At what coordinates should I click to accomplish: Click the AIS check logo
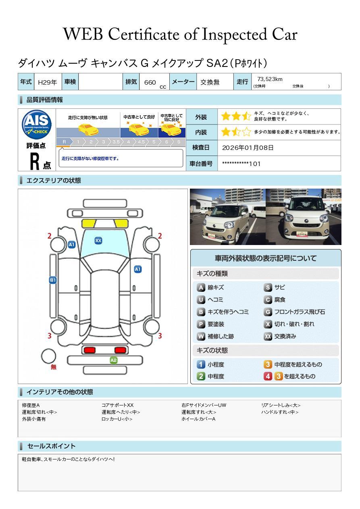click(x=37, y=124)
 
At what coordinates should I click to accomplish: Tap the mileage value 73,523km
click(x=270, y=79)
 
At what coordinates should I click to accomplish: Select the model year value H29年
click(x=47, y=82)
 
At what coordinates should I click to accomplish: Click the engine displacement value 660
click(x=150, y=82)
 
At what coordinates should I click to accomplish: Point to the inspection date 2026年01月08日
click(x=248, y=148)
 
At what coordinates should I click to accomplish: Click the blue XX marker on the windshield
click(x=98, y=241)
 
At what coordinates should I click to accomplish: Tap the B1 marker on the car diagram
click(x=53, y=280)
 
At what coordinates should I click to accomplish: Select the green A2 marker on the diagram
click(x=114, y=360)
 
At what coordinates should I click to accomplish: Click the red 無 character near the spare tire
click(x=54, y=367)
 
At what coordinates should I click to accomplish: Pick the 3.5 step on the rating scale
click(x=116, y=142)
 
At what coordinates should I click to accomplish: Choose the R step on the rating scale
click(x=64, y=142)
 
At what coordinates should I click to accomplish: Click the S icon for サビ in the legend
click(x=268, y=288)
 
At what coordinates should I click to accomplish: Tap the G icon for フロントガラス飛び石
click(x=268, y=312)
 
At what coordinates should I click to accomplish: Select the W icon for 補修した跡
click(x=201, y=336)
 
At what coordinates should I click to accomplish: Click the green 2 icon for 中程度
click(x=201, y=376)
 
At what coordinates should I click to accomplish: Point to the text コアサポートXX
click(x=117, y=405)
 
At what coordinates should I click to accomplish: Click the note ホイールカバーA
click(x=198, y=419)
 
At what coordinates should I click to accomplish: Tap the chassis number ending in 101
click(x=241, y=164)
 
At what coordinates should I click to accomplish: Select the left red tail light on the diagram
click(x=89, y=350)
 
